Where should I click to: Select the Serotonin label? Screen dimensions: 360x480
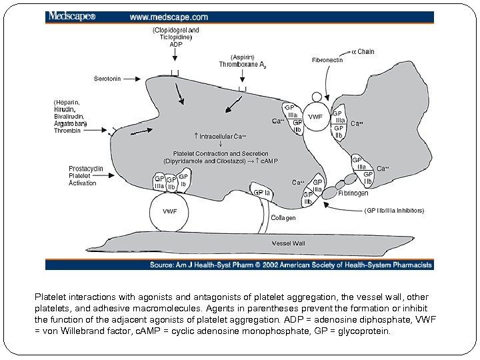click(x=107, y=79)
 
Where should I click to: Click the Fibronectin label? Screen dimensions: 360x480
click(x=327, y=60)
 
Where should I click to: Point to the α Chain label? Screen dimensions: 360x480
click(x=363, y=52)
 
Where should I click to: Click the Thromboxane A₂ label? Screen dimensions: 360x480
click(x=243, y=65)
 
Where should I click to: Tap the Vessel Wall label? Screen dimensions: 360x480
click(x=288, y=243)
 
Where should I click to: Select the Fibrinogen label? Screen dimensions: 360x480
click(x=353, y=193)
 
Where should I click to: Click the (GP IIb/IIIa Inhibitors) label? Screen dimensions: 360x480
click(x=394, y=211)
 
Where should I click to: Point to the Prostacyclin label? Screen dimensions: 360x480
click(x=86, y=169)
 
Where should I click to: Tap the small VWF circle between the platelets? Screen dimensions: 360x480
click(x=316, y=117)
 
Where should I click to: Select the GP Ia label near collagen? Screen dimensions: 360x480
click(x=262, y=193)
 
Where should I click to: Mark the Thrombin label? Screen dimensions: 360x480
click(x=67, y=131)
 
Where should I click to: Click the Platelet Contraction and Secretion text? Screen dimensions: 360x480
click(x=221, y=154)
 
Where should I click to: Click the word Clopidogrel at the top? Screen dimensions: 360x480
click(x=167, y=31)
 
